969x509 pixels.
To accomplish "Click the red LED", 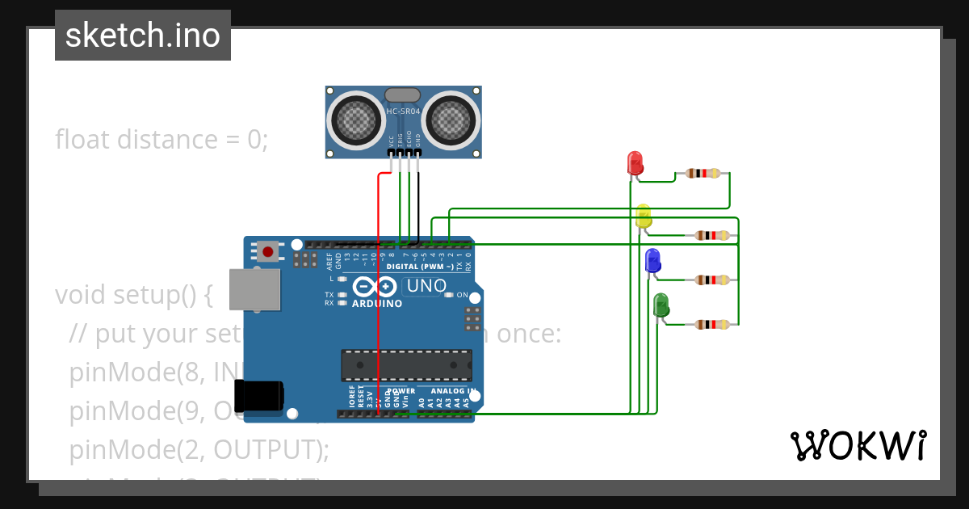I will click(636, 163).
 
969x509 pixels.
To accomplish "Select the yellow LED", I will click(644, 216).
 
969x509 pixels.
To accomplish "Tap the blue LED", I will click(652, 261).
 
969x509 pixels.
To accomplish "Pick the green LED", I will click(661, 305).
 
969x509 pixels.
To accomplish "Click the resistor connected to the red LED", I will click(703, 173).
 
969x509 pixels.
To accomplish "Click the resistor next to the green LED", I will click(711, 324).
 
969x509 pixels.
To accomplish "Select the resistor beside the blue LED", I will click(711, 280).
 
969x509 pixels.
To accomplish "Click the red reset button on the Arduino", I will click(268, 251).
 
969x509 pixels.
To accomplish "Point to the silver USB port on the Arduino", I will click(254, 289).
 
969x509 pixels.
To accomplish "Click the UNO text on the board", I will click(426, 286).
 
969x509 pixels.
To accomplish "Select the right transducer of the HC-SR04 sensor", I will click(450, 119).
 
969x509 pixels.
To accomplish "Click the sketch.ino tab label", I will click(143, 36).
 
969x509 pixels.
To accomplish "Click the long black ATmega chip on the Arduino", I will click(406, 365).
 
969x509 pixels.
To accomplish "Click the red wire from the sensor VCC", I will click(378, 307).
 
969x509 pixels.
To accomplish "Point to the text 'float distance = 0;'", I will click(161, 140).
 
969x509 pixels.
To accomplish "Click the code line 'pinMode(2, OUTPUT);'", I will click(199, 449).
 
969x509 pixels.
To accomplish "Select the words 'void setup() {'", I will click(133, 295).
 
